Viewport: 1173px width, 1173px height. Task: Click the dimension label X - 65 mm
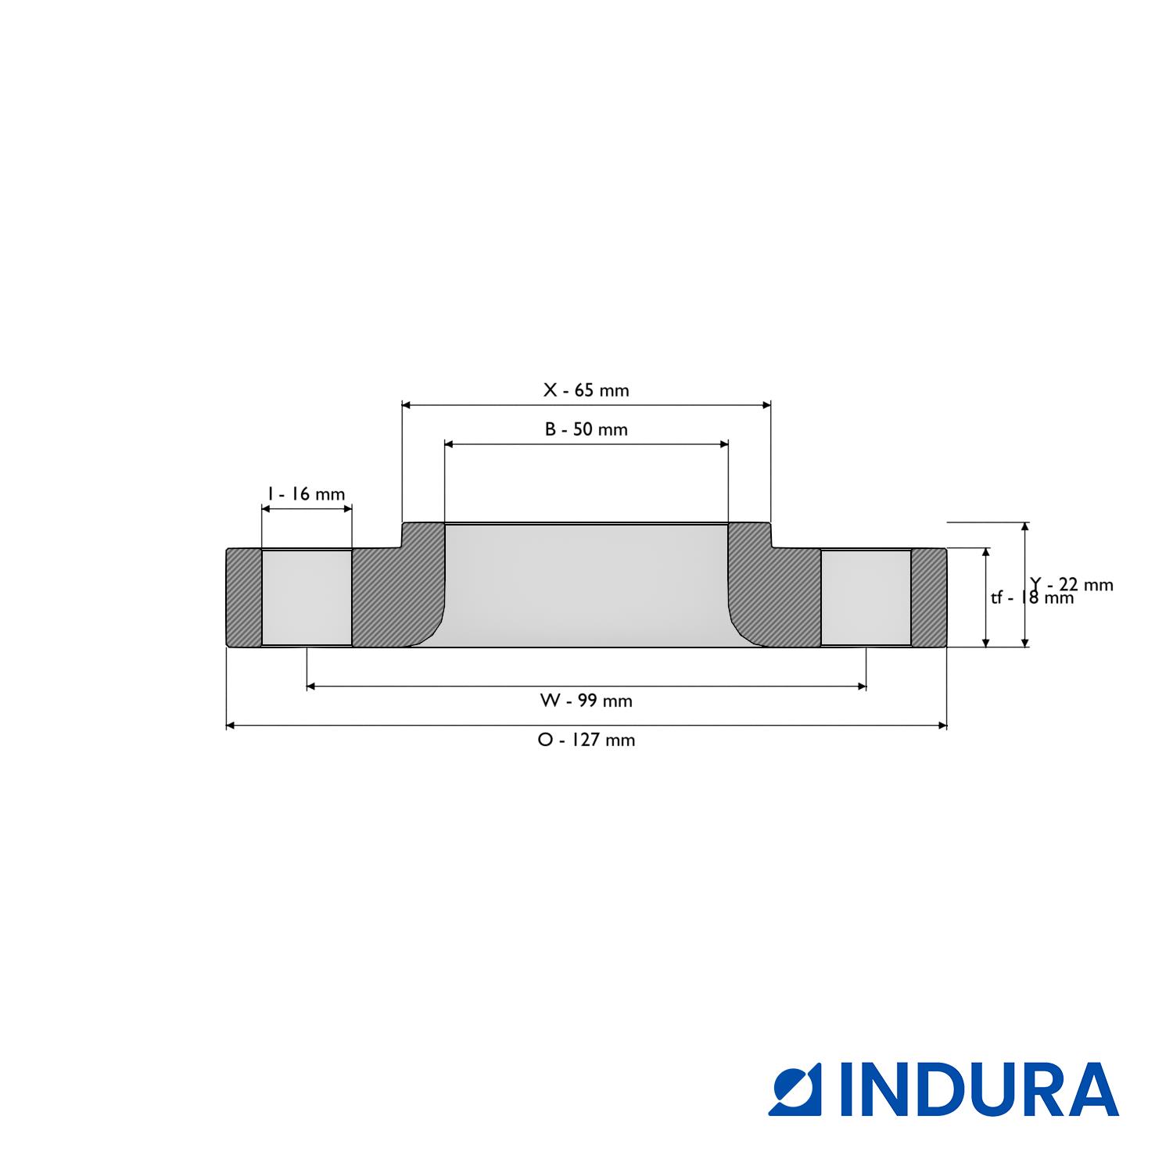586,390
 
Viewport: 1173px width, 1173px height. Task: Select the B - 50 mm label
586,429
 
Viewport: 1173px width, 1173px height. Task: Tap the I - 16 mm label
306,494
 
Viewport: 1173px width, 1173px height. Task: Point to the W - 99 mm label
586,701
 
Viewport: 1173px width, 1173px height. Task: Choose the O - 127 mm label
586,740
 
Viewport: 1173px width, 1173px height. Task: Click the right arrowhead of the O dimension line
942,726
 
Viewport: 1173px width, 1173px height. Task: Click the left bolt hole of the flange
307,598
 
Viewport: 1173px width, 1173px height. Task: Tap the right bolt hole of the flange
866,598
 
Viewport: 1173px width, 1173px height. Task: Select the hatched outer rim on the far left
244,598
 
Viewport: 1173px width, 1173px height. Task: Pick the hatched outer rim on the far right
929,598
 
